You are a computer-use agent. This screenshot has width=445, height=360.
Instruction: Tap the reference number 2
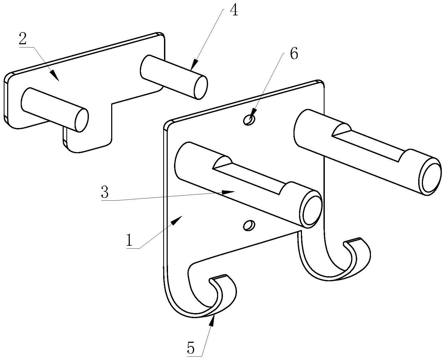[x=23, y=40]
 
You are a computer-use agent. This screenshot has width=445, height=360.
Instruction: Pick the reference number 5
[x=191, y=349]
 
